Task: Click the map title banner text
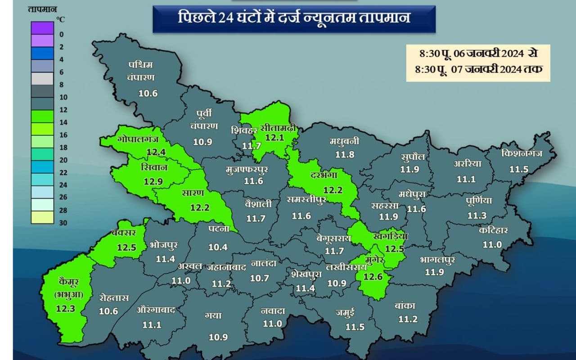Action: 294,19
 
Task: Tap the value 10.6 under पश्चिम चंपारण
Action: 148,94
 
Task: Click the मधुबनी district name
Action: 344,141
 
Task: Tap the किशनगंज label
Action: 522,153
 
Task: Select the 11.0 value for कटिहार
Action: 492,244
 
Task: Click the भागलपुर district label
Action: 437,260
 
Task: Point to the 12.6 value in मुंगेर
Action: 373,276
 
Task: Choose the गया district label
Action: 212,316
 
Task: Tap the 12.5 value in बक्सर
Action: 126,247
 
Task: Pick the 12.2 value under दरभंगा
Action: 333,190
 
